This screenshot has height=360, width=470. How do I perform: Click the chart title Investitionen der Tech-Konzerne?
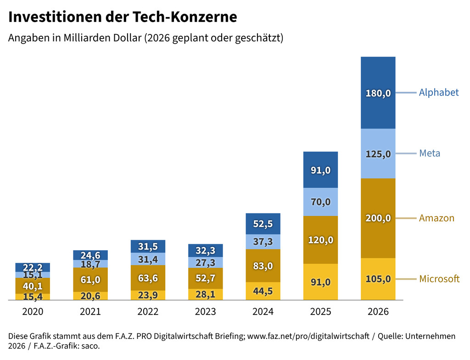tap(123, 17)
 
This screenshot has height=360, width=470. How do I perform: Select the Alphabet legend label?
tap(438, 93)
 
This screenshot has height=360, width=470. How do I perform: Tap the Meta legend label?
tap(429, 153)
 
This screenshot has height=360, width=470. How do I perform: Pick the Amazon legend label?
tap(436, 218)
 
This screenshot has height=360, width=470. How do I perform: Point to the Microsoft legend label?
tap(439, 279)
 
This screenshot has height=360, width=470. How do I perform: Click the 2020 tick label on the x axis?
tap(33, 312)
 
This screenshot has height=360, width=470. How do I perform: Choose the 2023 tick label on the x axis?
tap(205, 312)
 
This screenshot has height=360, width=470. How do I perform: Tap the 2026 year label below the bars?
tap(378, 312)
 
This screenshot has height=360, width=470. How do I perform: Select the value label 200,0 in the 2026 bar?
tap(378, 219)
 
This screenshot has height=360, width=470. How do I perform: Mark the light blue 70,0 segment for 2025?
tap(320, 202)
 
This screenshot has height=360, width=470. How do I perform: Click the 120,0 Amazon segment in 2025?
tap(320, 240)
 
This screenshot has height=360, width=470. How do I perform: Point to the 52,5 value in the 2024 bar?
tap(263, 224)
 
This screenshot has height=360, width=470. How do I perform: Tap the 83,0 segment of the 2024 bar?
tap(263, 266)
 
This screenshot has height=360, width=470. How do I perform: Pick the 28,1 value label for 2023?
tap(205, 294)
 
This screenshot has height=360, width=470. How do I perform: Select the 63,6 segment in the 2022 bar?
tap(148, 278)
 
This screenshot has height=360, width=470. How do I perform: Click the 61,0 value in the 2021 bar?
tap(90, 280)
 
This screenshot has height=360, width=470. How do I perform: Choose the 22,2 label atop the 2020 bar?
tap(33, 268)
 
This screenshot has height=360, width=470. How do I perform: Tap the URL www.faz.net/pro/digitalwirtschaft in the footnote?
tap(308, 337)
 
